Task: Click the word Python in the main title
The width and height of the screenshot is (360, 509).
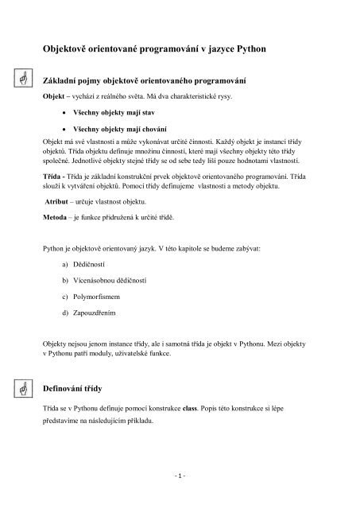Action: [250, 49]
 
